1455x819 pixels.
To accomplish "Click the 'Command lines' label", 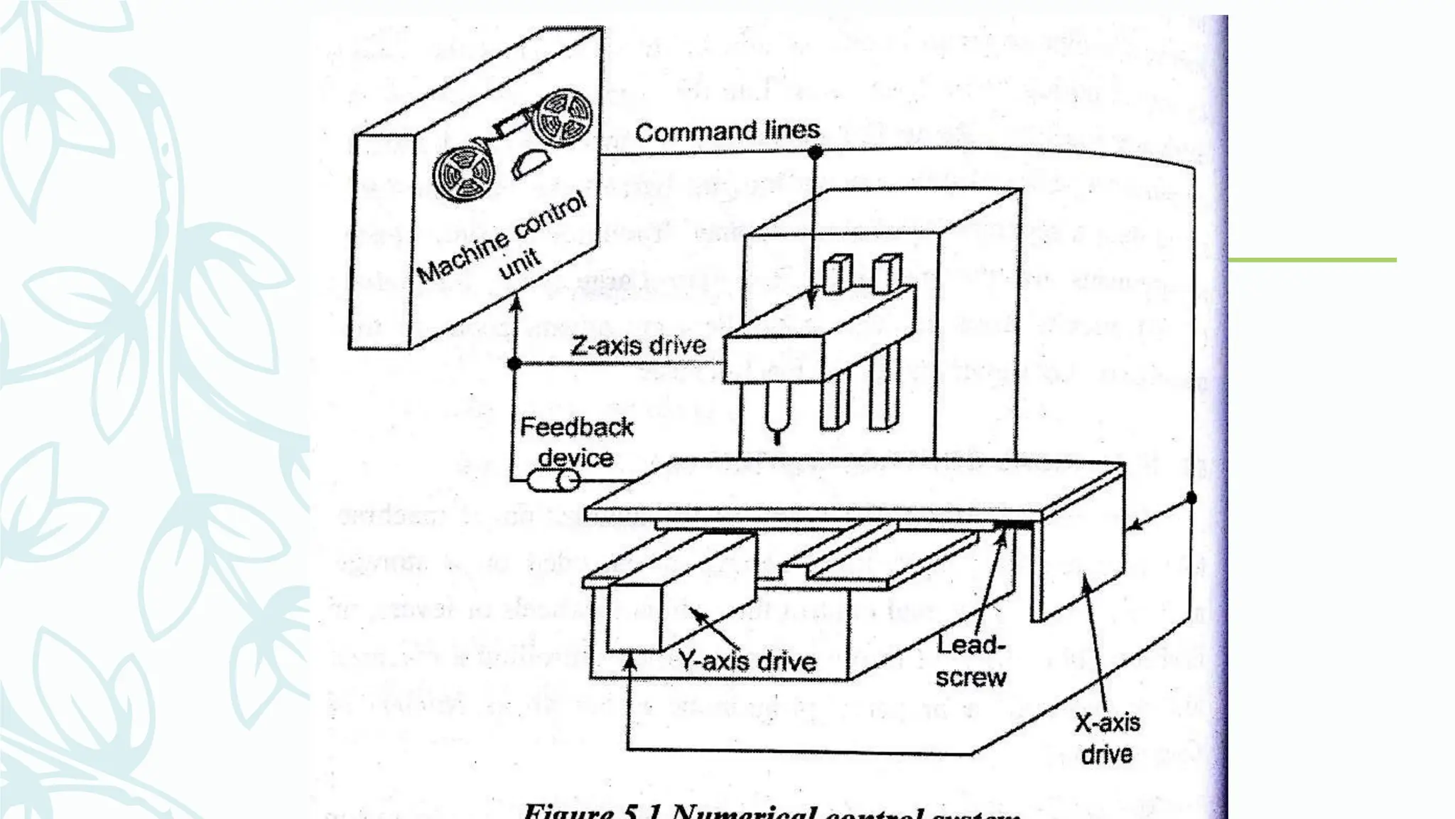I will [x=727, y=132].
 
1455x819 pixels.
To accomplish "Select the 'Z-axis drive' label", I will [x=639, y=346].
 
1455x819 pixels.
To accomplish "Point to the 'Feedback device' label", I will [x=576, y=441].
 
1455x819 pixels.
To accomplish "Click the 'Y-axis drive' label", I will [x=747, y=661].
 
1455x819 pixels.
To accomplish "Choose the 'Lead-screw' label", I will [x=970, y=661].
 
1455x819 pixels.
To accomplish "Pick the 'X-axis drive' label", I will [x=1107, y=738].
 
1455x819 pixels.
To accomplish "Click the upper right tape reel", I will [x=564, y=117].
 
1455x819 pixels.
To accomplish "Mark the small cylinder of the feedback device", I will [x=553, y=481].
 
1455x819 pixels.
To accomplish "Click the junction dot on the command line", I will [x=815, y=152].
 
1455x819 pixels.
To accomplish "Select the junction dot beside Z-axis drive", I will [x=515, y=364].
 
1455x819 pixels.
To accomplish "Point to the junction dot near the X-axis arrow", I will [x=1191, y=498].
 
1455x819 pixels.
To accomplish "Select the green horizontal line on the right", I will [x=1312, y=260].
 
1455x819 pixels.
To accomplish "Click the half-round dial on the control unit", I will [x=530, y=163].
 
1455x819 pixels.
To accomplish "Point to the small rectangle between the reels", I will [x=510, y=126].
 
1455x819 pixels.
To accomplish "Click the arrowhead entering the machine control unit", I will [x=517, y=303].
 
